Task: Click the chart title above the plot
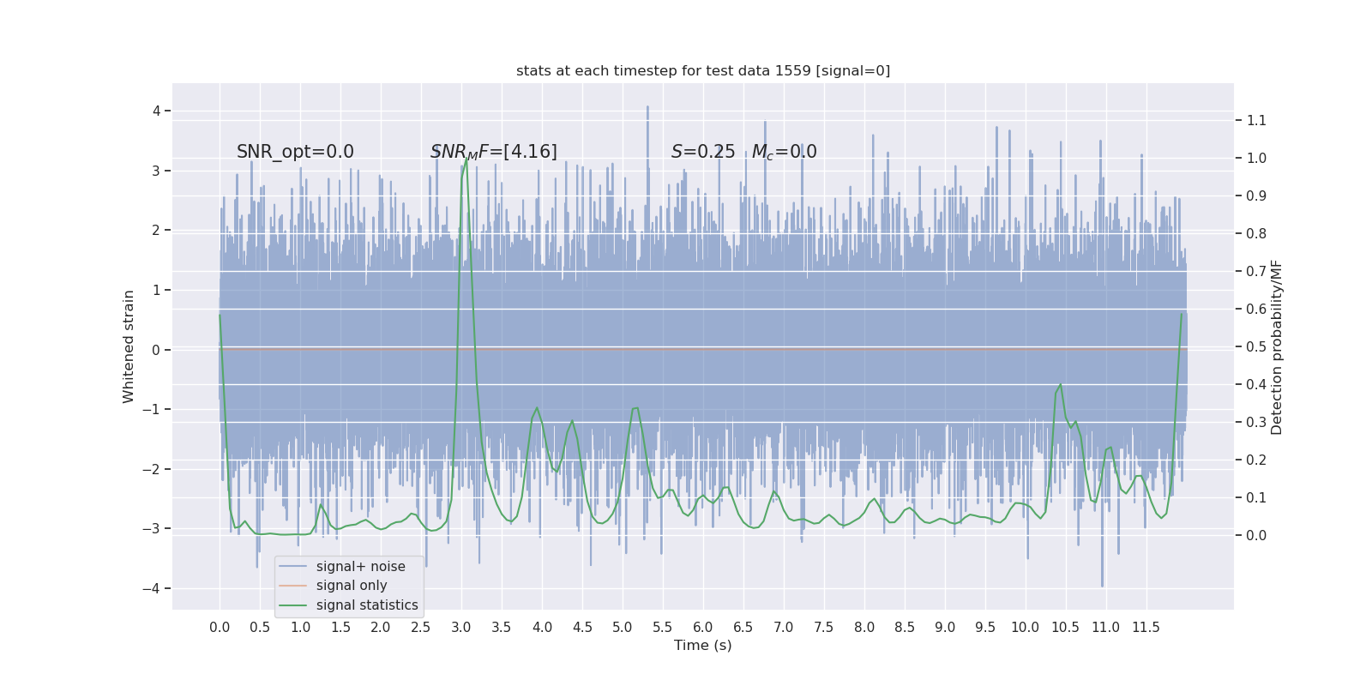point(703,70)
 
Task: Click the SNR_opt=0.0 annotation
point(295,152)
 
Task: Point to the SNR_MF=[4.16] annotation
point(494,152)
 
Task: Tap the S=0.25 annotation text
point(703,152)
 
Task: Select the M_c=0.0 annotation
point(784,152)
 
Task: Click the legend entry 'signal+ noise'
point(360,567)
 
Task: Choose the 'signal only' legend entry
point(352,586)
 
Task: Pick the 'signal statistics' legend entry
point(367,605)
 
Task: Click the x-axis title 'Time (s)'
point(703,645)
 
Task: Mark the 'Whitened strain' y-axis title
point(129,346)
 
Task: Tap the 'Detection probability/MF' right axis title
point(1277,346)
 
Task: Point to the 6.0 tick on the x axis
point(703,627)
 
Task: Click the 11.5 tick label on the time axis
point(1146,627)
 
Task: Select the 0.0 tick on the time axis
point(220,627)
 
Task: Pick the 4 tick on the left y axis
point(157,111)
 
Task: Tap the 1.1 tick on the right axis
point(1256,120)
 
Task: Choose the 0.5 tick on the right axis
point(1256,346)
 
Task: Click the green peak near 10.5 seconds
point(1061,384)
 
